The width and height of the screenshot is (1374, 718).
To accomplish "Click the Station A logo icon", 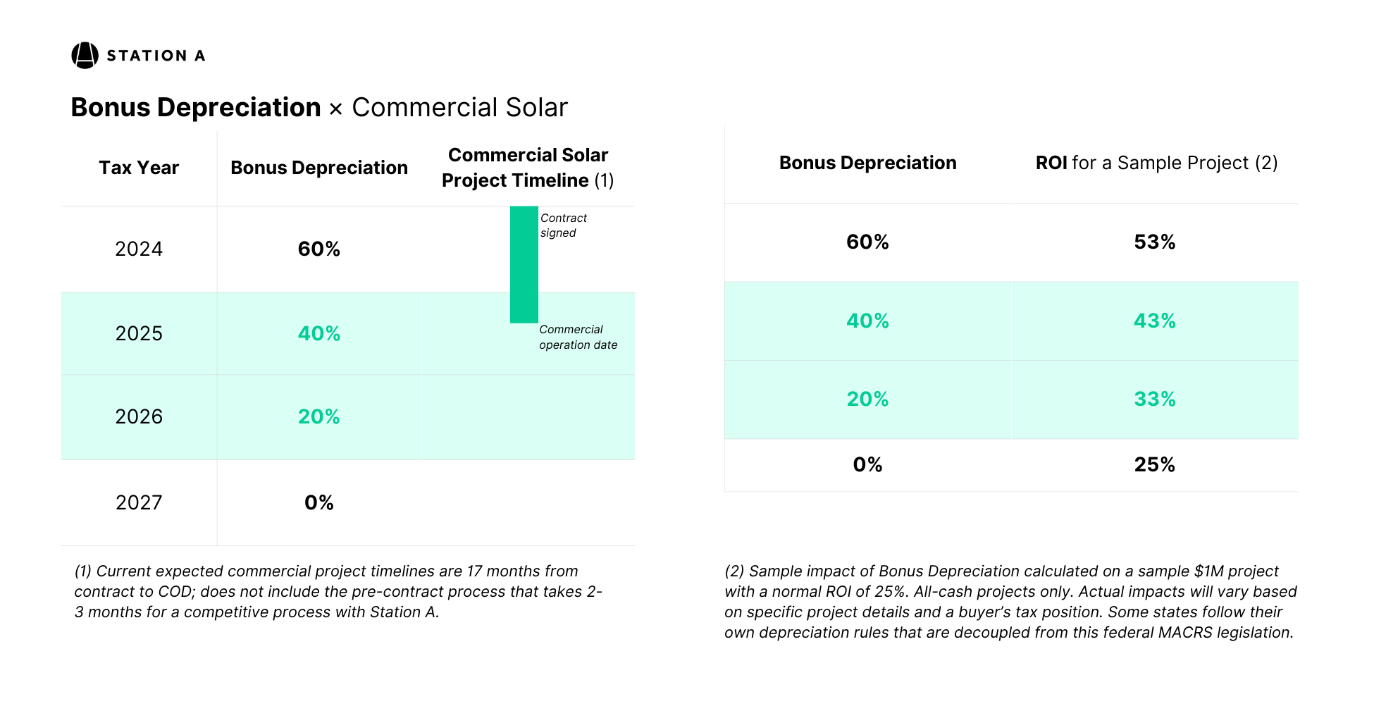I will pos(85,56).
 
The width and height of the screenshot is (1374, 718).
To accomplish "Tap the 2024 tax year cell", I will pos(139,249).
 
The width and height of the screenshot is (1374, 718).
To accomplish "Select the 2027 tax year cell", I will pos(139,502).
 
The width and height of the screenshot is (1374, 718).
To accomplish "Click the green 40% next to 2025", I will pos(318,333).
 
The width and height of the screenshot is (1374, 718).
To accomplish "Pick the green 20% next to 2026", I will pos(318,416).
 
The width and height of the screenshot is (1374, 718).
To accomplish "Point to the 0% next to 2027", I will pos(318,502).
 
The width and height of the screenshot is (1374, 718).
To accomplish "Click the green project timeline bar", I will pos(524,264).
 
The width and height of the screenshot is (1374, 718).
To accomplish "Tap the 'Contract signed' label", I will pos(563,225).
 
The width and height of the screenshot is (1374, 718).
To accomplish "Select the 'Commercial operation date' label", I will pos(578,337).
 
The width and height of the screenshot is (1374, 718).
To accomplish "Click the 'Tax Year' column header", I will pos(139,168).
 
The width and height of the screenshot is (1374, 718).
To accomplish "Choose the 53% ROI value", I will pos(1154,242).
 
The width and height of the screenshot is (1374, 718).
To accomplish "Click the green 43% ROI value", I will pos(1154,321).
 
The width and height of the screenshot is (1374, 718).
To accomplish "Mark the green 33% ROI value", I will pos(1154,399).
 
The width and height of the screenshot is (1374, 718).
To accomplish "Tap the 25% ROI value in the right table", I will pos(1154,464).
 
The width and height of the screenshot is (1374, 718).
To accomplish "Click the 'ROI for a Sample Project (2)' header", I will pos(1156,163).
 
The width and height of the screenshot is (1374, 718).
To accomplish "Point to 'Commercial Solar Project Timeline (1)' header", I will pos(528,168).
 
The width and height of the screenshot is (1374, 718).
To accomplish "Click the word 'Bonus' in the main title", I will pos(111,108).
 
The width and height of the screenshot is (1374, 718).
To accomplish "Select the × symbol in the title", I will pos(336,109).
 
